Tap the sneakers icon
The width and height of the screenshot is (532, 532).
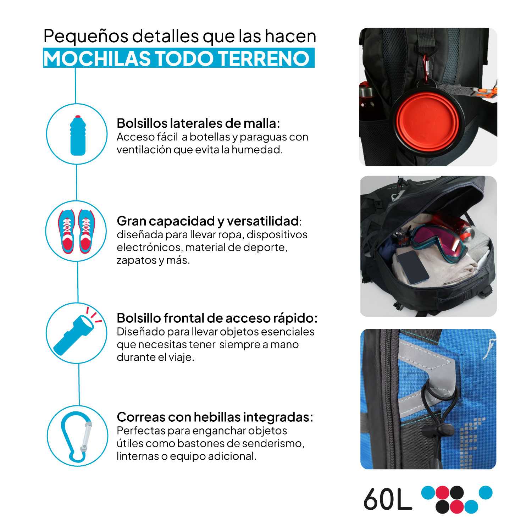(77, 231)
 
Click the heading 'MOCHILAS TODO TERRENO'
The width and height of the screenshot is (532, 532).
(176, 58)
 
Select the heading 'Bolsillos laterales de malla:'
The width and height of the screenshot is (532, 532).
(198, 123)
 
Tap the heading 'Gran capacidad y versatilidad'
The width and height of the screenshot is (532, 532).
(207, 221)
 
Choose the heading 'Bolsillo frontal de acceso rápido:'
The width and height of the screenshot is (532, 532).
(217, 318)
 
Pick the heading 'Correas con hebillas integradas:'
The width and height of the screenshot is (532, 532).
(215, 417)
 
